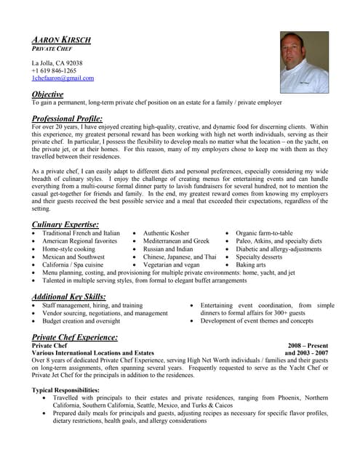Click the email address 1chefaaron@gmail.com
tap(63, 78)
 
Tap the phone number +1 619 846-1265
tap(54, 70)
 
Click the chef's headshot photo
tap(304, 62)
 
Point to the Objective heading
tap(47, 94)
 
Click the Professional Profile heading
tap(67, 118)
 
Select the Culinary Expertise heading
tap(65, 225)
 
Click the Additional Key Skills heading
tap(69, 296)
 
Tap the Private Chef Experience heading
tap(75, 337)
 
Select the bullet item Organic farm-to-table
tap(264, 232)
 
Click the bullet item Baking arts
tap(251, 265)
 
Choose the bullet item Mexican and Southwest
tap(73, 256)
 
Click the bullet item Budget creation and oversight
tap(81, 320)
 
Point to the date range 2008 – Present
tap(308, 346)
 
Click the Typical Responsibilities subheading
tap(66, 390)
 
